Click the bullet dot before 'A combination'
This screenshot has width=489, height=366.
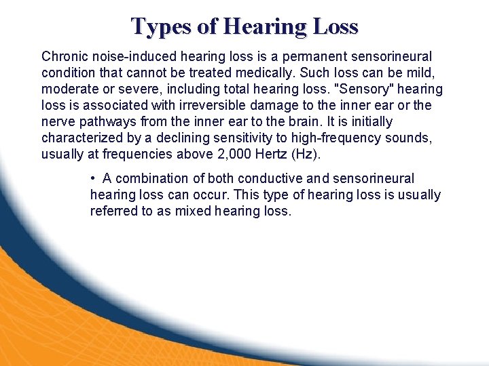click(x=92, y=178)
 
